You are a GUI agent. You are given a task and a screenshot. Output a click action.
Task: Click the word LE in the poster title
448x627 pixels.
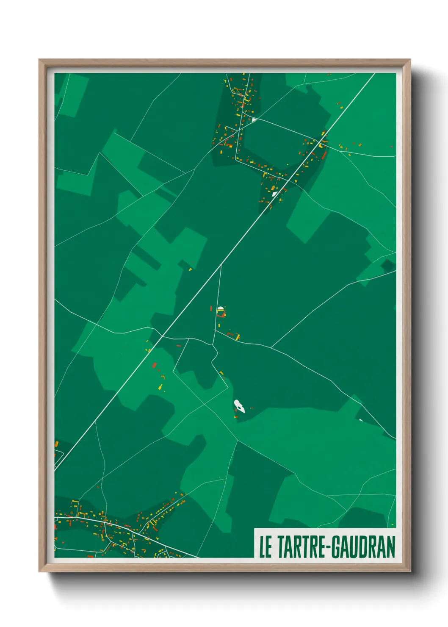pyautogui.click(x=265, y=547)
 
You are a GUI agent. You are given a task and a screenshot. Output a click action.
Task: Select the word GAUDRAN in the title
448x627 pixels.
pyautogui.click(x=363, y=547)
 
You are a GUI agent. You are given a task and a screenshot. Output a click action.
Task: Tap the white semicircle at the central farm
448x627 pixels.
pyautogui.click(x=220, y=308)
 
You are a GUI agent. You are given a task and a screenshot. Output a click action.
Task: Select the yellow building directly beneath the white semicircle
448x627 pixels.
pyautogui.click(x=220, y=314)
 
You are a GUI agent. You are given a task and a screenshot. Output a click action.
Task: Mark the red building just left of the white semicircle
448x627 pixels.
pyautogui.click(x=211, y=308)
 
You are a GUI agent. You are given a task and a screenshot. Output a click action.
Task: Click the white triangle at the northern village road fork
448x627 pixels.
pyautogui.click(x=254, y=120)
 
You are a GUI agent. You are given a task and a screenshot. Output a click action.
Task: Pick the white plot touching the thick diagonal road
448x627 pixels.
pyautogui.click(x=275, y=194)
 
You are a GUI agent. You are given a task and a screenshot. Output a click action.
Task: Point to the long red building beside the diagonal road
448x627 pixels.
pyautogui.click(x=324, y=155)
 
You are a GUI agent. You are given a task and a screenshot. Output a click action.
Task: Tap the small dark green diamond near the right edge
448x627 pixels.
pyautogui.click(x=387, y=266)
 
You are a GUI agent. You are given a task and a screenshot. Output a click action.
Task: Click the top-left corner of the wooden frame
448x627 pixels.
pyautogui.click(x=40, y=60)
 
